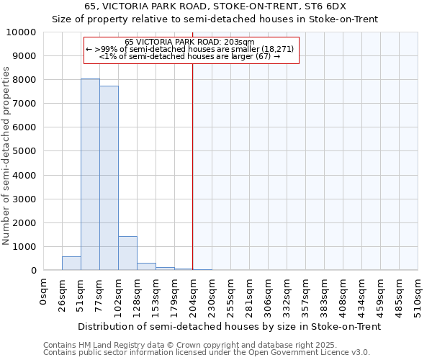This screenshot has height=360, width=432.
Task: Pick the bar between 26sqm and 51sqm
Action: (x=71, y=263)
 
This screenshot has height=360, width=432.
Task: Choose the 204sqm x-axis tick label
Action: (x=194, y=294)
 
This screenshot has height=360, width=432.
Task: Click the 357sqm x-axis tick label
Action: (x=306, y=294)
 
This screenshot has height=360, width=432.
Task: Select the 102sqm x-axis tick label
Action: (x=119, y=294)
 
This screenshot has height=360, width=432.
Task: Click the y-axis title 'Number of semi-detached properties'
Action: (x=7, y=156)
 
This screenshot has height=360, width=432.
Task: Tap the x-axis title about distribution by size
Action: (x=228, y=326)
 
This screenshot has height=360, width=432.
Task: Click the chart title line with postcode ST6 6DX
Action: (x=215, y=6)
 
